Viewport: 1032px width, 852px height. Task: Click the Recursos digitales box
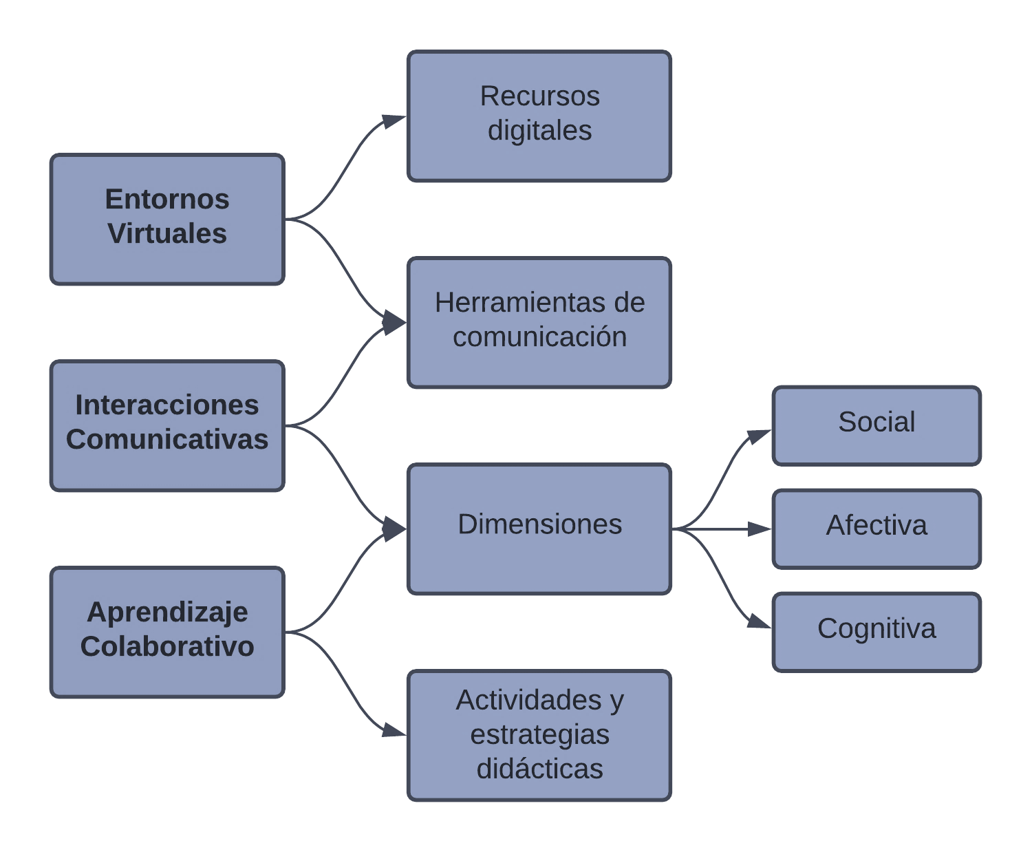coord(539,116)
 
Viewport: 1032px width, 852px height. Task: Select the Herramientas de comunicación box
coord(539,322)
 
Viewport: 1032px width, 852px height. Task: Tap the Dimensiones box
coord(539,529)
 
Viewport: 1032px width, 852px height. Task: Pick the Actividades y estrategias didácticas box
coord(539,735)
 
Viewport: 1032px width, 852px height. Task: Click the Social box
coord(877,425)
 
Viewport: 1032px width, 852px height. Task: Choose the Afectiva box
coord(877,529)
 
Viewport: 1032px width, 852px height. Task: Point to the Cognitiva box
coord(877,632)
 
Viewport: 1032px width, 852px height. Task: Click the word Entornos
coord(167,200)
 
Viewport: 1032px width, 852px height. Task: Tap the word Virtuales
coord(167,234)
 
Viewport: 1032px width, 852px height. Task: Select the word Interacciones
coord(167,405)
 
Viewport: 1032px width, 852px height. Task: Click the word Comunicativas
coord(167,440)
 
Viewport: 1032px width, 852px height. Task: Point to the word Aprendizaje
coord(167,612)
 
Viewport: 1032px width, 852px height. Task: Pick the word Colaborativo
coord(167,647)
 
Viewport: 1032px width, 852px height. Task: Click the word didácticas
coord(539,769)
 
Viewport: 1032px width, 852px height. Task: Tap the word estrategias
coord(539,734)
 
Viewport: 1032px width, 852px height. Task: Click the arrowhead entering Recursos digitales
coord(394,121)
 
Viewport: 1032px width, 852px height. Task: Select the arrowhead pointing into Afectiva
coord(760,529)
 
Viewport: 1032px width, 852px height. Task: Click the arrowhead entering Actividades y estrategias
coord(394,730)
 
